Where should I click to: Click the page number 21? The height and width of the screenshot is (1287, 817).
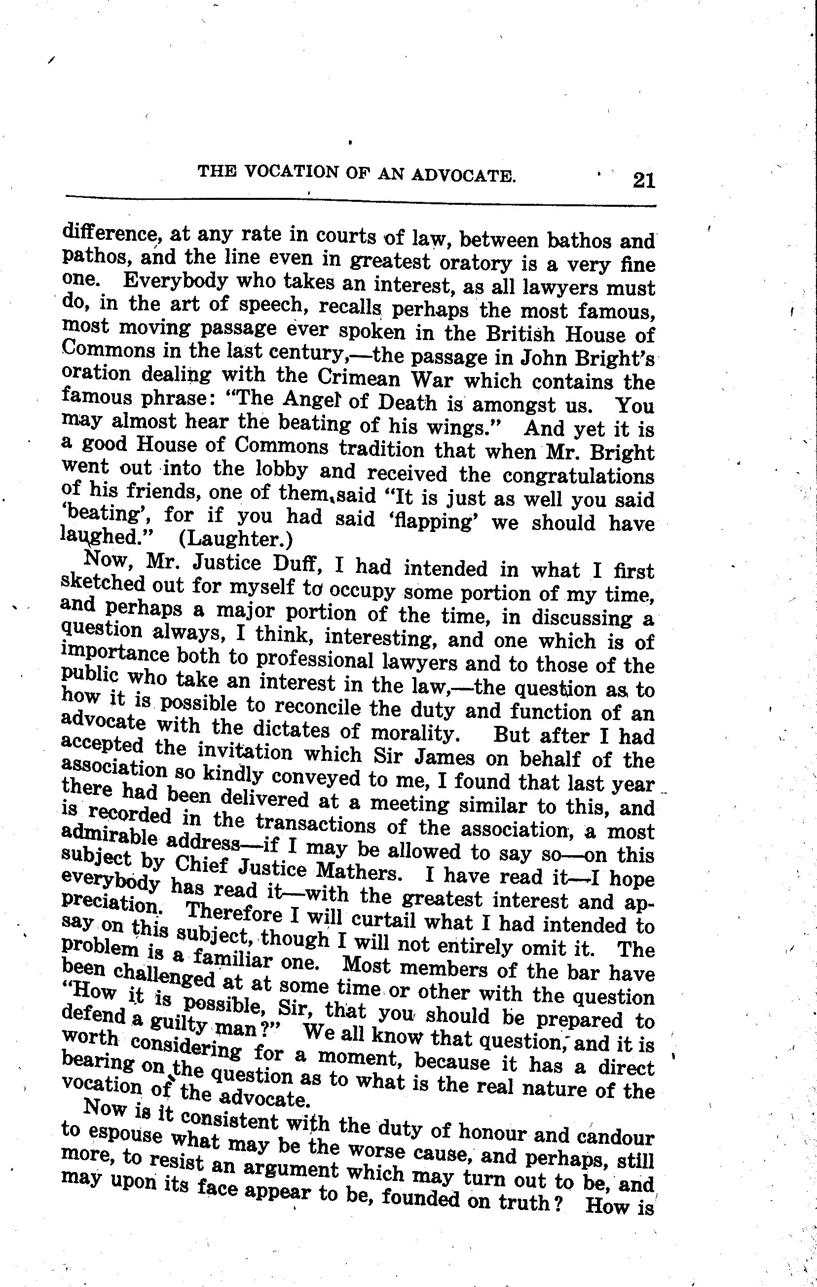(643, 180)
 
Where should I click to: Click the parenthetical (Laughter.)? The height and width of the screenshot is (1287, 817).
(236, 539)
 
